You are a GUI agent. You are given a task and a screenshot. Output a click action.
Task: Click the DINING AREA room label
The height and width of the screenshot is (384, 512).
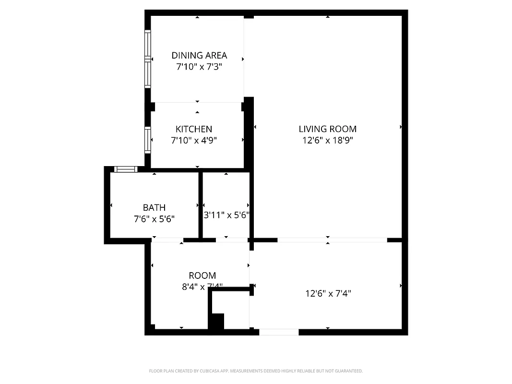click(x=199, y=55)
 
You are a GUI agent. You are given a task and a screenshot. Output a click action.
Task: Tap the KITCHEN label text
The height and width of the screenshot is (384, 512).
click(x=194, y=129)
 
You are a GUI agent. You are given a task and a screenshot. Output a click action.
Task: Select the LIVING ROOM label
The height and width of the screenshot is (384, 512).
click(x=328, y=129)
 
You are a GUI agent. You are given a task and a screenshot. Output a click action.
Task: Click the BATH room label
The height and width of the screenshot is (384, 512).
click(x=154, y=207)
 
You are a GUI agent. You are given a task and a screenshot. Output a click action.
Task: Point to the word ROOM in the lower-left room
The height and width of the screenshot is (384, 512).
click(x=202, y=276)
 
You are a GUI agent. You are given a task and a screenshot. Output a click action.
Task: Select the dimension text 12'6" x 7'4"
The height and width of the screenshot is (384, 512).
click(x=328, y=293)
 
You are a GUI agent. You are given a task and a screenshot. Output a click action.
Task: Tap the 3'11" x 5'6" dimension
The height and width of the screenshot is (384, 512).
click(x=226, y=216)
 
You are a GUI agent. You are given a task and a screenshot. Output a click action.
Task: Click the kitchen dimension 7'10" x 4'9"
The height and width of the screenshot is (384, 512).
click(x=194, y=141)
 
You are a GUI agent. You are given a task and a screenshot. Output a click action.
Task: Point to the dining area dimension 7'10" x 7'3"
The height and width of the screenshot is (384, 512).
click(x=199, y=67)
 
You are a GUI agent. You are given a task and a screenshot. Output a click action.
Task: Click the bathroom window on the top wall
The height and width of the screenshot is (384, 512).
click(x=126, y=169)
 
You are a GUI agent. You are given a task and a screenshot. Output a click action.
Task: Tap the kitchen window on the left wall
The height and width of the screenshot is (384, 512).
click(x=148, y=139)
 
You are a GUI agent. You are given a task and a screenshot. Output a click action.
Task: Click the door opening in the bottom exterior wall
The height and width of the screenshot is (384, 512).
click(x=279, y=332)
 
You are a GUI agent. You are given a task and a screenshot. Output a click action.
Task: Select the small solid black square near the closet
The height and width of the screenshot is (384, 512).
click(x=218, y=321)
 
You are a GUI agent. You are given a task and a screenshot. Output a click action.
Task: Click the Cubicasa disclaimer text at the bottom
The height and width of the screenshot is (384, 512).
click(x=256, y=371)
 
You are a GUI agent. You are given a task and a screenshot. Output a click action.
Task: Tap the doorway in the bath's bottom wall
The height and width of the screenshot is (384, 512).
click(x=167, y=240)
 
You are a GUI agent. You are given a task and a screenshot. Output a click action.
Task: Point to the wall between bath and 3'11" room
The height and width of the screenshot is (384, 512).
click(x=201, y=205)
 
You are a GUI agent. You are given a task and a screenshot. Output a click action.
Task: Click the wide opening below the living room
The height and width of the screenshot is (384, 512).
click(x=332, y=240)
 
